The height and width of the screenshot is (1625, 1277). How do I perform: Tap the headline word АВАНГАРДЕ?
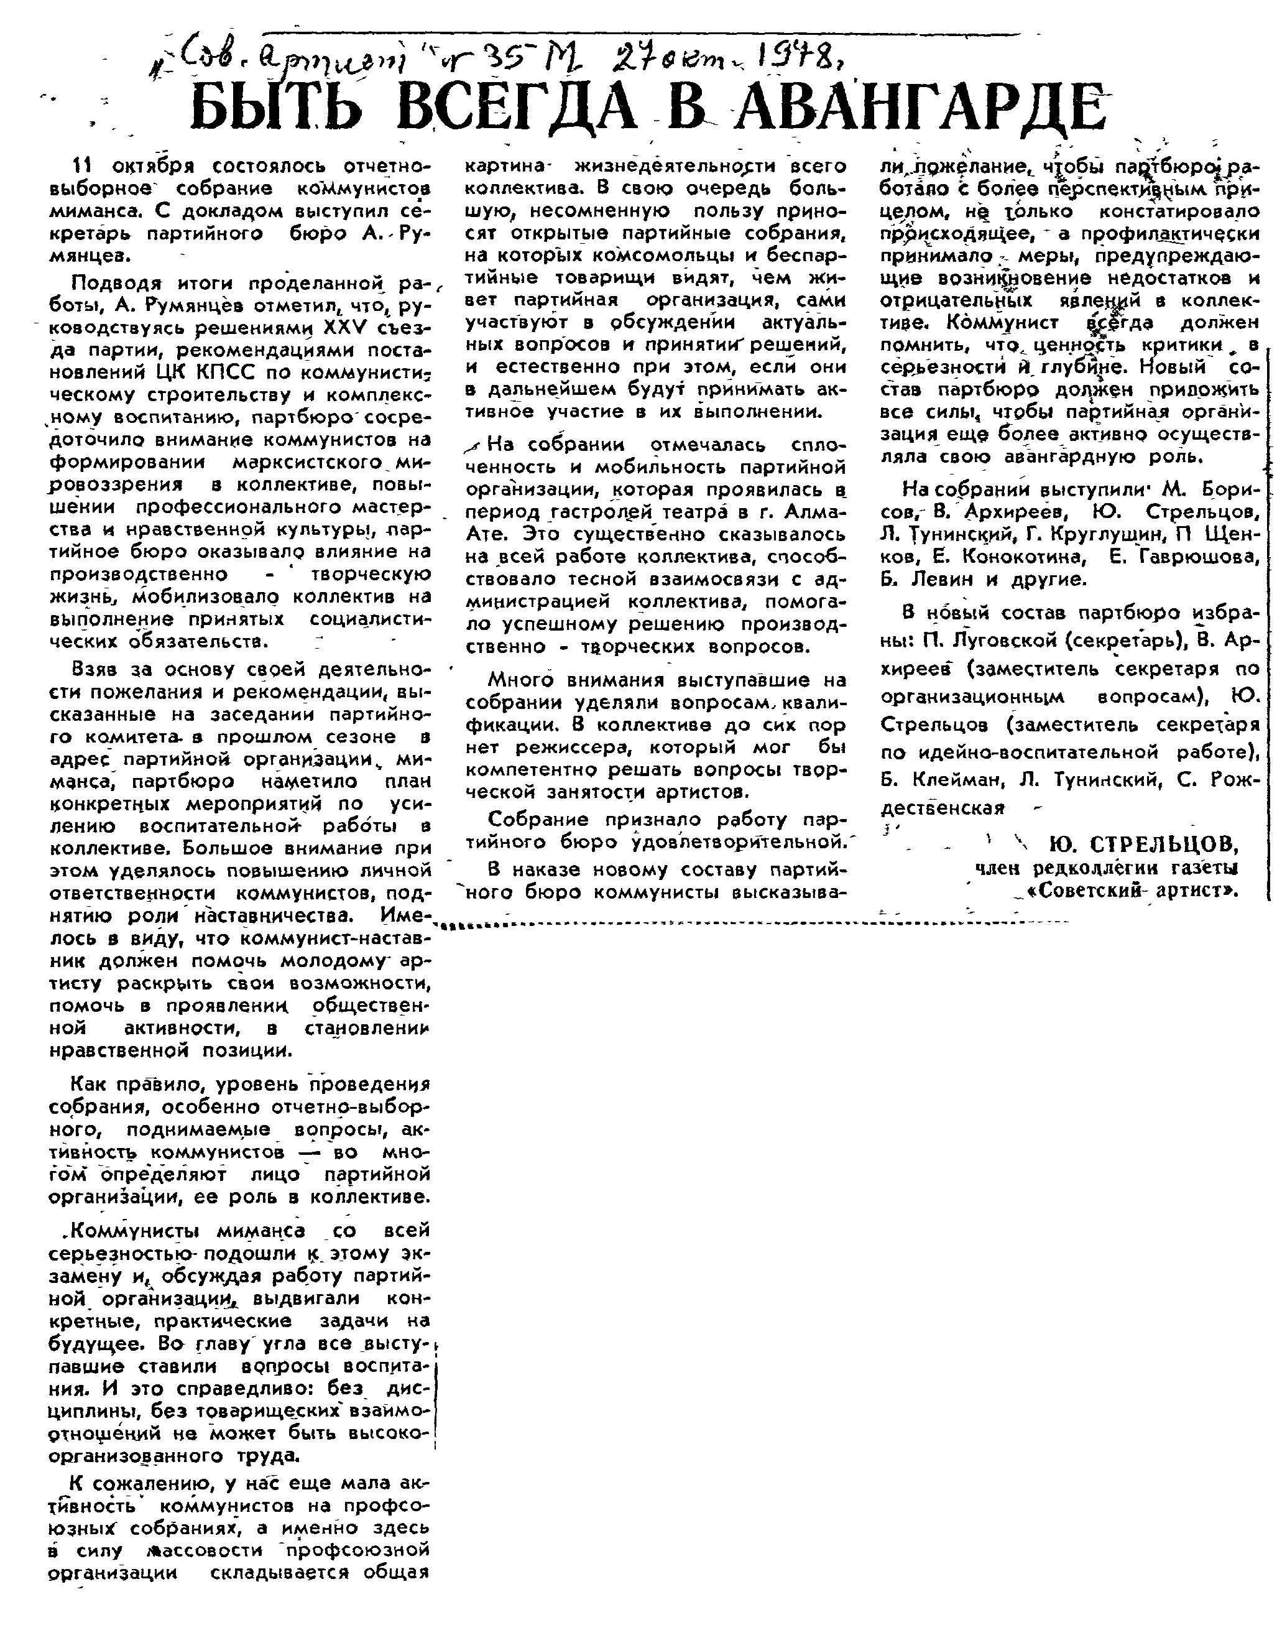920,107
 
